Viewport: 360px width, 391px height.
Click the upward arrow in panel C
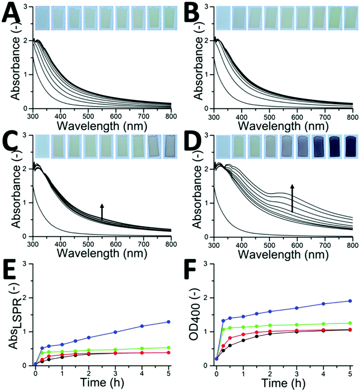[x=102, y=212]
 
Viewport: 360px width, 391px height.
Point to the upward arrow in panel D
[x=292, y=198]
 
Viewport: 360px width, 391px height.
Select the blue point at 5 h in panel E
[x=169, y=322]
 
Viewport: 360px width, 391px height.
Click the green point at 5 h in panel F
[x=350, y=323]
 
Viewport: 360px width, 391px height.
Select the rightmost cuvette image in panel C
[x=170, y=147]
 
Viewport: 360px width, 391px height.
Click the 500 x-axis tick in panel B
[x=269, y=117]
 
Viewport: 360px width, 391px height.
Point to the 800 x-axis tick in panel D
[x=353, y=245]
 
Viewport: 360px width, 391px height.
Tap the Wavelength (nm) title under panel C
[x=102, y=253]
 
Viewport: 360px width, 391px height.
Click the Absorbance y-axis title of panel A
[x=15, y=68]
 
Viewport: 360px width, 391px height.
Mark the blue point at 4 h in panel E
[x=142, y=326]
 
